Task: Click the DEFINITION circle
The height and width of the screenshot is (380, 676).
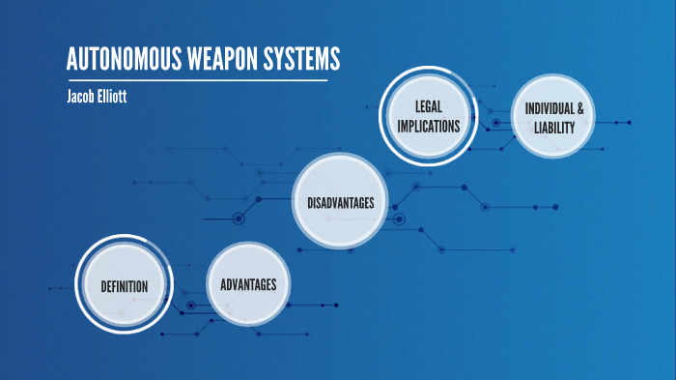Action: coord(124,285)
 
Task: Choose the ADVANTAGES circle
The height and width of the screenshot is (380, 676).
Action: coord(248,284)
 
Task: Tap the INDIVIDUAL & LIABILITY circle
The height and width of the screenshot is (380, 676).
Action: coord(554,118)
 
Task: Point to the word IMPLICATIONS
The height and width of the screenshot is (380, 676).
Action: coord(428,126)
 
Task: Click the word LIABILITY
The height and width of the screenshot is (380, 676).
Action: coord(554,128)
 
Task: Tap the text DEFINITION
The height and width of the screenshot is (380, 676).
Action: coord(124,286)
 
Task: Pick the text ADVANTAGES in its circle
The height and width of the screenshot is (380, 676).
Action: coord(248,284)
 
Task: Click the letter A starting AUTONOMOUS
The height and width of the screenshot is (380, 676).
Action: coord(71,60)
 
